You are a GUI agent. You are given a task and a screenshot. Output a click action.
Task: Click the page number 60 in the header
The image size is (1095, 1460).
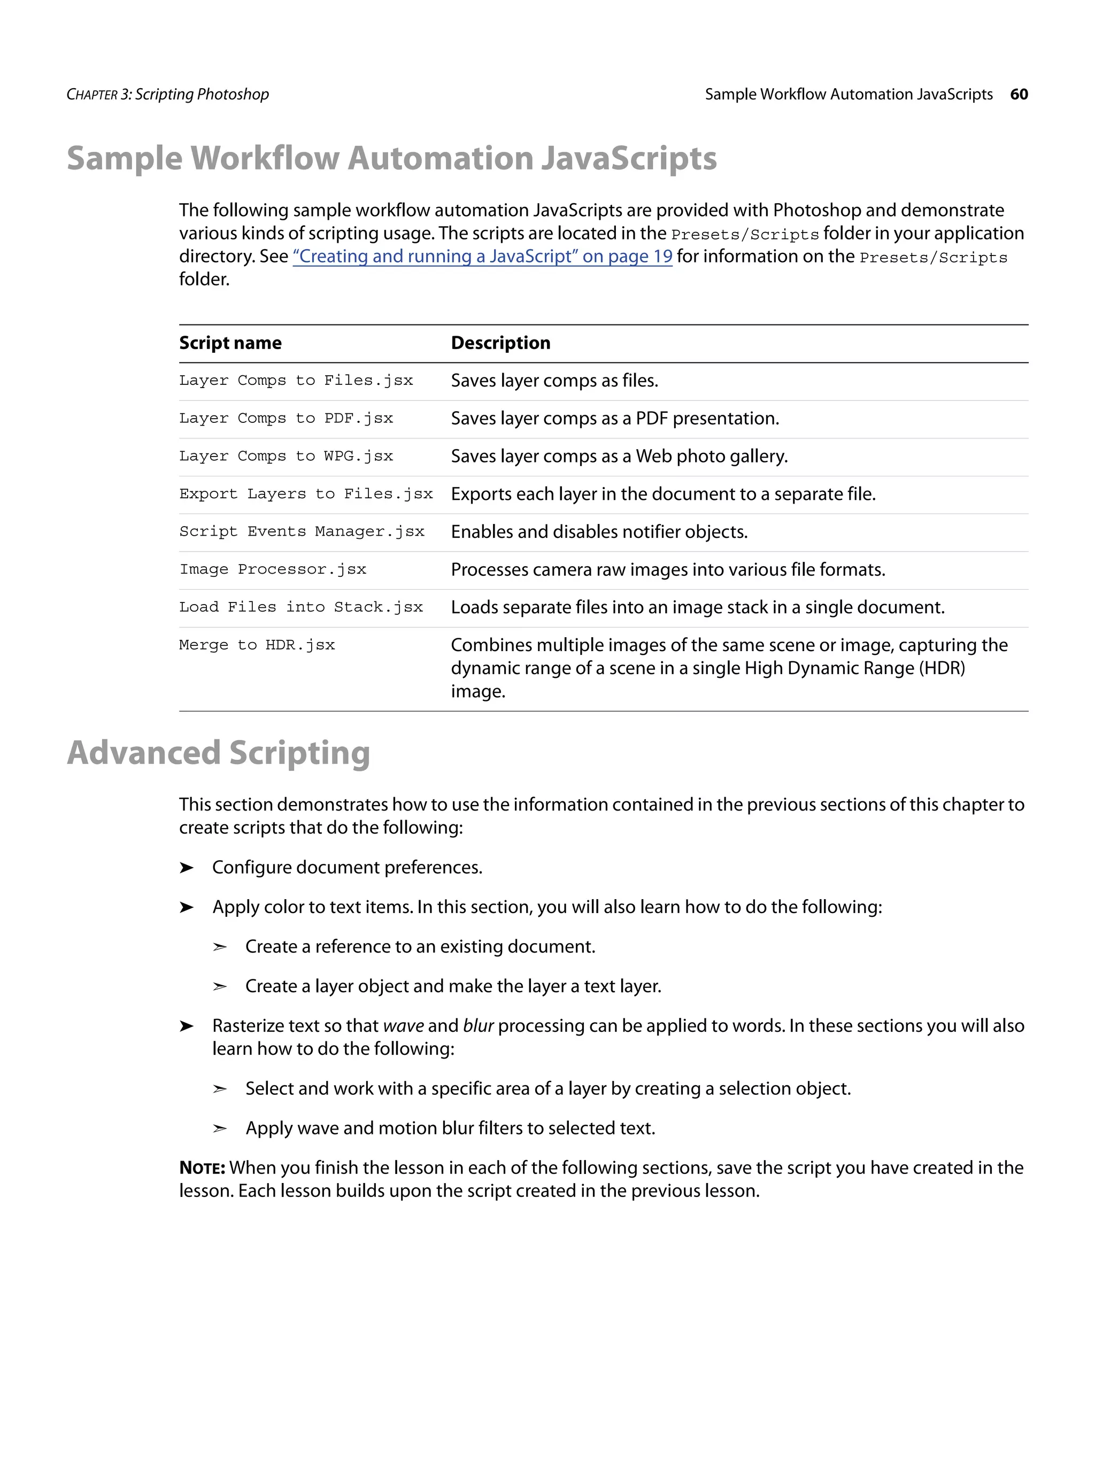[1019, 95]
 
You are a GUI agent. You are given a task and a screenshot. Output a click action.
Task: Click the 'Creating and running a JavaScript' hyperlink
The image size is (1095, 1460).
[482, 256]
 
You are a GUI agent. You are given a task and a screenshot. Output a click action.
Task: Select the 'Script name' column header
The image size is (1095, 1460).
[230, 343]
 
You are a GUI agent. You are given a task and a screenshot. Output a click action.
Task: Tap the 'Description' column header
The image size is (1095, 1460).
[500, 343]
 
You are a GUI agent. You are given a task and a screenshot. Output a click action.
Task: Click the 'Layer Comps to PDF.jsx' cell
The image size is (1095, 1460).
[286, 419]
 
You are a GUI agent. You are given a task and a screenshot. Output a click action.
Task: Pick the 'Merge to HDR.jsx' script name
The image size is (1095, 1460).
[257, 645]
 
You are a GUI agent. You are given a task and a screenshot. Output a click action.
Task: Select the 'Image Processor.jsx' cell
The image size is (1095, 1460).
[273, 569]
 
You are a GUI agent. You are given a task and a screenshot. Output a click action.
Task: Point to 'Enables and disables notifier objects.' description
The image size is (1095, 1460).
[599, 532]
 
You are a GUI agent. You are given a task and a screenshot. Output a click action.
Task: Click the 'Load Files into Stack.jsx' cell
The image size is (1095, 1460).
[301, 607]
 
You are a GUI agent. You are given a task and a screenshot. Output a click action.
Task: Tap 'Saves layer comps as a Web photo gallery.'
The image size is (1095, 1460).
[619, 457]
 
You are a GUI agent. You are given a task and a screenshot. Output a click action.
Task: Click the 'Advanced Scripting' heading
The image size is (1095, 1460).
[219, 753]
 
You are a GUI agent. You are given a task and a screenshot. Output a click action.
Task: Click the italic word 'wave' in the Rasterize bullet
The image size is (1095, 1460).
[403, 1026]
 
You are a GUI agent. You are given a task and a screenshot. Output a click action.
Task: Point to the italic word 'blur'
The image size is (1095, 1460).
[478, 1026]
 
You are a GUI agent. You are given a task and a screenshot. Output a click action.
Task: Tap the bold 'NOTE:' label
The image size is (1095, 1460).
[202, 1168]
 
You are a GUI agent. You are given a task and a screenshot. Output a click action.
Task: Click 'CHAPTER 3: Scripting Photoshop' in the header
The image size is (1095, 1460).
[168, 95]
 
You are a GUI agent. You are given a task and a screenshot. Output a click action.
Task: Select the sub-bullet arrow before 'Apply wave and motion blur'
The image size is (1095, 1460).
[220, 1129]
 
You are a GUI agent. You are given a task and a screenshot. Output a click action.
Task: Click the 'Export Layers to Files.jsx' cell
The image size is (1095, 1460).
[306, 495]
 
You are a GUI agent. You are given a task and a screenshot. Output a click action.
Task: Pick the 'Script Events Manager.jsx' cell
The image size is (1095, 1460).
[302, 532]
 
